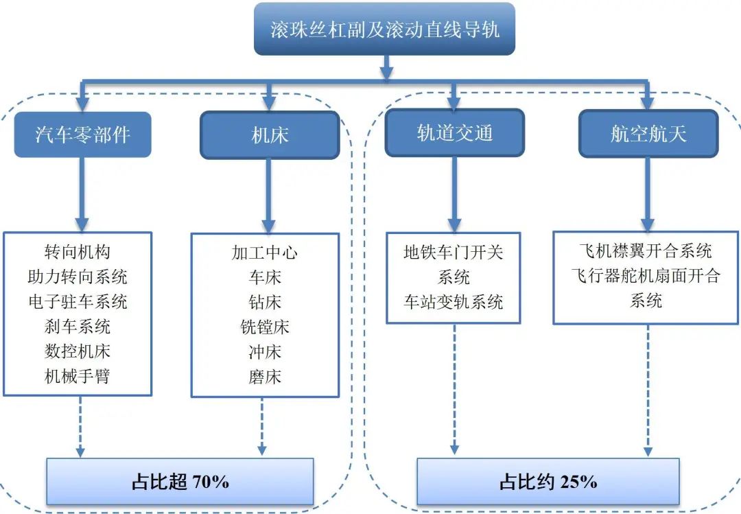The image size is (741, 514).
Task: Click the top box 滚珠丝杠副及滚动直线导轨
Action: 384,30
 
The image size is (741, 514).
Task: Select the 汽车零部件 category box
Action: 82,135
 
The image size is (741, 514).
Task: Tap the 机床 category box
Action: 270,135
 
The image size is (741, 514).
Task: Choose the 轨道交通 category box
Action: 454,133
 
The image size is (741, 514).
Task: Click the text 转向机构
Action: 78,253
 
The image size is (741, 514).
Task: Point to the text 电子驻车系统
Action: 78,302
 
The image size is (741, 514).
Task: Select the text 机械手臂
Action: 78,376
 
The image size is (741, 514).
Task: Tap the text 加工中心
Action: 265,253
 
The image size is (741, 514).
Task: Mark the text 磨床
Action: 265,377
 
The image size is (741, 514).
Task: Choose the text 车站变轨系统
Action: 454,302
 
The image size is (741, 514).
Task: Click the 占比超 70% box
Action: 180,482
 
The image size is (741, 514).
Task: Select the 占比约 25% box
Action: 548,482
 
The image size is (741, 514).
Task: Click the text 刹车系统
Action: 78,327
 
